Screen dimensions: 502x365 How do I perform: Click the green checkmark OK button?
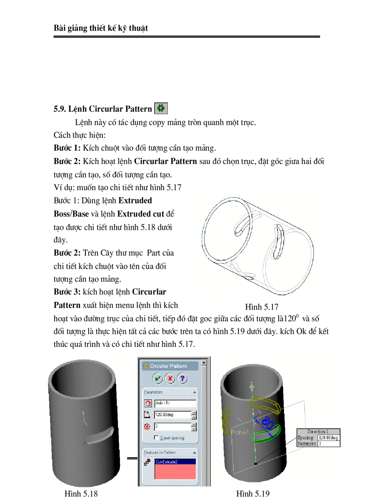coord(157,379)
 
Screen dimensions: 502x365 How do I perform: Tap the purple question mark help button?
coord(182,379)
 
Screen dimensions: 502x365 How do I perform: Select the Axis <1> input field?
coord(175,403)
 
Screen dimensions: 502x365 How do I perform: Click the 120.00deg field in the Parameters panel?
coord(172,415)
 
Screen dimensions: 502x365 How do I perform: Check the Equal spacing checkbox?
coord(156,437)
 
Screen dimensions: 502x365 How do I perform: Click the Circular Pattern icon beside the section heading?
coord(161,108)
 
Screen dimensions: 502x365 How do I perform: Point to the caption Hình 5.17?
coord(262,307)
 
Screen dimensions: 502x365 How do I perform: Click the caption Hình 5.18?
coord(81,494)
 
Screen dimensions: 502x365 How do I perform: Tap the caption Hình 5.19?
coord(253,494)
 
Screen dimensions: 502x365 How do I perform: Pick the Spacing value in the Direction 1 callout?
coord(328,438)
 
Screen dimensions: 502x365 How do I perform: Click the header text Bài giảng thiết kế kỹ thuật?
coord(101,28)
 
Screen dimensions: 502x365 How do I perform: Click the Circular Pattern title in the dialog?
coord(168,366)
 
